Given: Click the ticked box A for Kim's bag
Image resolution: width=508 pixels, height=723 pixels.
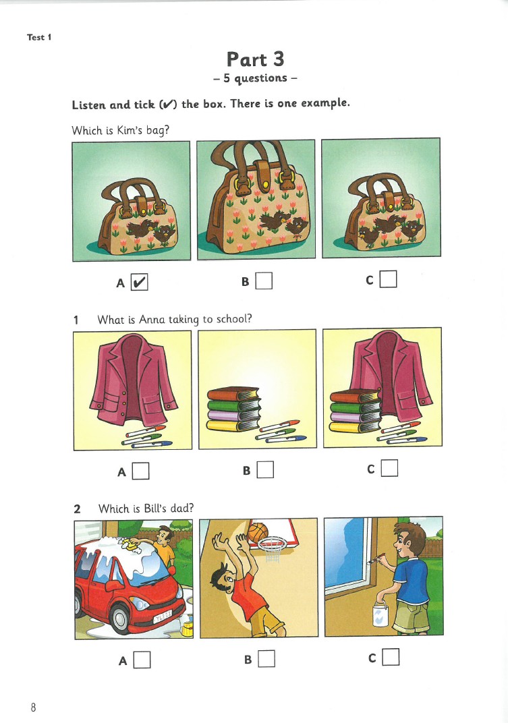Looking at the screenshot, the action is point(139,282).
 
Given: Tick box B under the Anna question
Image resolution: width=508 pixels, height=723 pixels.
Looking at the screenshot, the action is point(265,469).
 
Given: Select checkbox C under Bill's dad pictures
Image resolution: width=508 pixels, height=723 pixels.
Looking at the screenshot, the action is point(391,657).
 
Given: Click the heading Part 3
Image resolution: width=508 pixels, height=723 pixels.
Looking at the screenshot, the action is point(255,59).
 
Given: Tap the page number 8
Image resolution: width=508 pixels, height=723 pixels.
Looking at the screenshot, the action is point(33,707).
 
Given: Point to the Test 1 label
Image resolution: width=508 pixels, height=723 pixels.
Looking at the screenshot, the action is point(38,37).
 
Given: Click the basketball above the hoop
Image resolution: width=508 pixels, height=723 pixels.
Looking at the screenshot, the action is point(258,533).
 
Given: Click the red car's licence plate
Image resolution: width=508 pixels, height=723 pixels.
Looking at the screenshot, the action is point(162,616).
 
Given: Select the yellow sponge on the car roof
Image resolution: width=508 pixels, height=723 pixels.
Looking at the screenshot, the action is point(131,545).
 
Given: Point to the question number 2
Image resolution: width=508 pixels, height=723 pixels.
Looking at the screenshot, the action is point(77,509).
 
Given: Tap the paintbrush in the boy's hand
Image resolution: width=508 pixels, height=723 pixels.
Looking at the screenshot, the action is point(376,559).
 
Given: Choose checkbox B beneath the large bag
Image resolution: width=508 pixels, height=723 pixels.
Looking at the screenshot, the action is point(264,281).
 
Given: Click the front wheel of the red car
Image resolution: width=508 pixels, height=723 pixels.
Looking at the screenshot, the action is point(121,618).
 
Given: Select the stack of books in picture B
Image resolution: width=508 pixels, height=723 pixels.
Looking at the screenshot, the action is point(233,409).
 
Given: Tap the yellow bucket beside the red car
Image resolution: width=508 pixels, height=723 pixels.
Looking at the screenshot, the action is point(187,628).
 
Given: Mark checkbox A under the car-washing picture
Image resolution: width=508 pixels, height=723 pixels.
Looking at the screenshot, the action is point(142,660).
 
